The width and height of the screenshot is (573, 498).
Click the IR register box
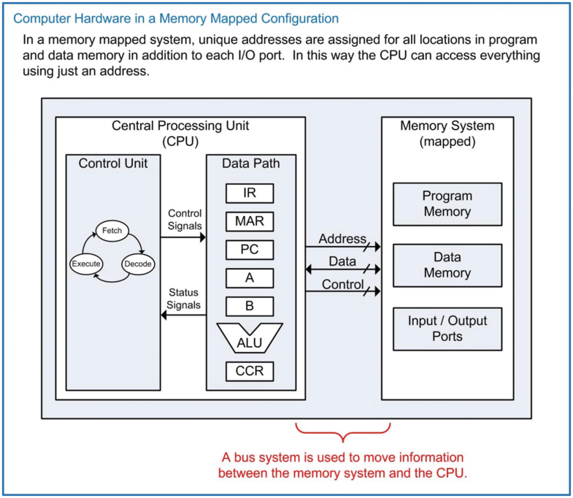point(250,193)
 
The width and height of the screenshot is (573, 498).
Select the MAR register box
point(250,221)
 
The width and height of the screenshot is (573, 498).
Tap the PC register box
point(250,249)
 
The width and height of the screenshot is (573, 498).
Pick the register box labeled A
point(250,277)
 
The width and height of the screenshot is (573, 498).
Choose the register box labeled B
point(250,306)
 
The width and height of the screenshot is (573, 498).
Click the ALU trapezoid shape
point(250,338)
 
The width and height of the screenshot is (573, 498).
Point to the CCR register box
point(250,371)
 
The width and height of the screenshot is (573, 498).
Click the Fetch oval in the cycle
point(112,231)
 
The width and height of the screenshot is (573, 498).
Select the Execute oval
point(85,264)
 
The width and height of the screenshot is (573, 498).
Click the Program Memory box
point(447,204)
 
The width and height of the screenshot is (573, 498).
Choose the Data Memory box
point(447,266)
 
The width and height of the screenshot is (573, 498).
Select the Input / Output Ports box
point(447,329)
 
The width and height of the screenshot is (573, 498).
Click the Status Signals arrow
point(183,315)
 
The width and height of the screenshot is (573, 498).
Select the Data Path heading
point(250,164)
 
